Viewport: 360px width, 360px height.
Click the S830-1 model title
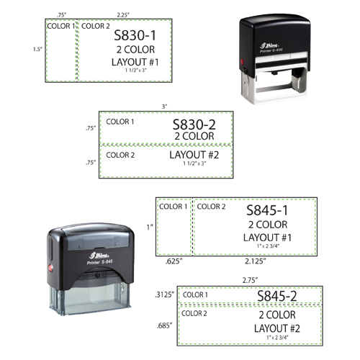coord(135,35)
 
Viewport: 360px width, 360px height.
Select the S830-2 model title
coord(194,125)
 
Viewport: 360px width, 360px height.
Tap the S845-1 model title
coord(267,210)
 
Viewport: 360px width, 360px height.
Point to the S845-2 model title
coord(277,296)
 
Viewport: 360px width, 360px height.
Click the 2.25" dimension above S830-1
coord(123,15)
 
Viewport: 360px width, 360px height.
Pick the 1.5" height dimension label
coord(37,49)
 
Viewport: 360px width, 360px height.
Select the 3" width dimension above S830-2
coord(164,107)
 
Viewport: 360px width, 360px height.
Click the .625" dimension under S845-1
coord(174,261)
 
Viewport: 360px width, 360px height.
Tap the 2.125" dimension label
coord(256,261)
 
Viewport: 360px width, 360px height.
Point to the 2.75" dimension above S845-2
coord(250,280)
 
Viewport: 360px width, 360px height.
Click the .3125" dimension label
coord(164,294)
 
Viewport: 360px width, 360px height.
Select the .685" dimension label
coord(165,326)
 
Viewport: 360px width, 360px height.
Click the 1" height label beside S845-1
coord(150,227)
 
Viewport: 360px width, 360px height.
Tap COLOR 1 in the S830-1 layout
coord(61,26)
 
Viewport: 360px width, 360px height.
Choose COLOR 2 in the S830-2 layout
coord(120,155)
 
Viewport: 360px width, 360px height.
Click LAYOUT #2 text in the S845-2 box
coord(277,328)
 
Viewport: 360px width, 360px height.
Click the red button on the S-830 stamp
coord(242,61)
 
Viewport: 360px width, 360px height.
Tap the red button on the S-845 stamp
coord(51,268)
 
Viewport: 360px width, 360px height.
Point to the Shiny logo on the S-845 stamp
coord(99,255)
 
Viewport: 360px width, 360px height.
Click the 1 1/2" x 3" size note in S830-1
coord(135,71)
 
